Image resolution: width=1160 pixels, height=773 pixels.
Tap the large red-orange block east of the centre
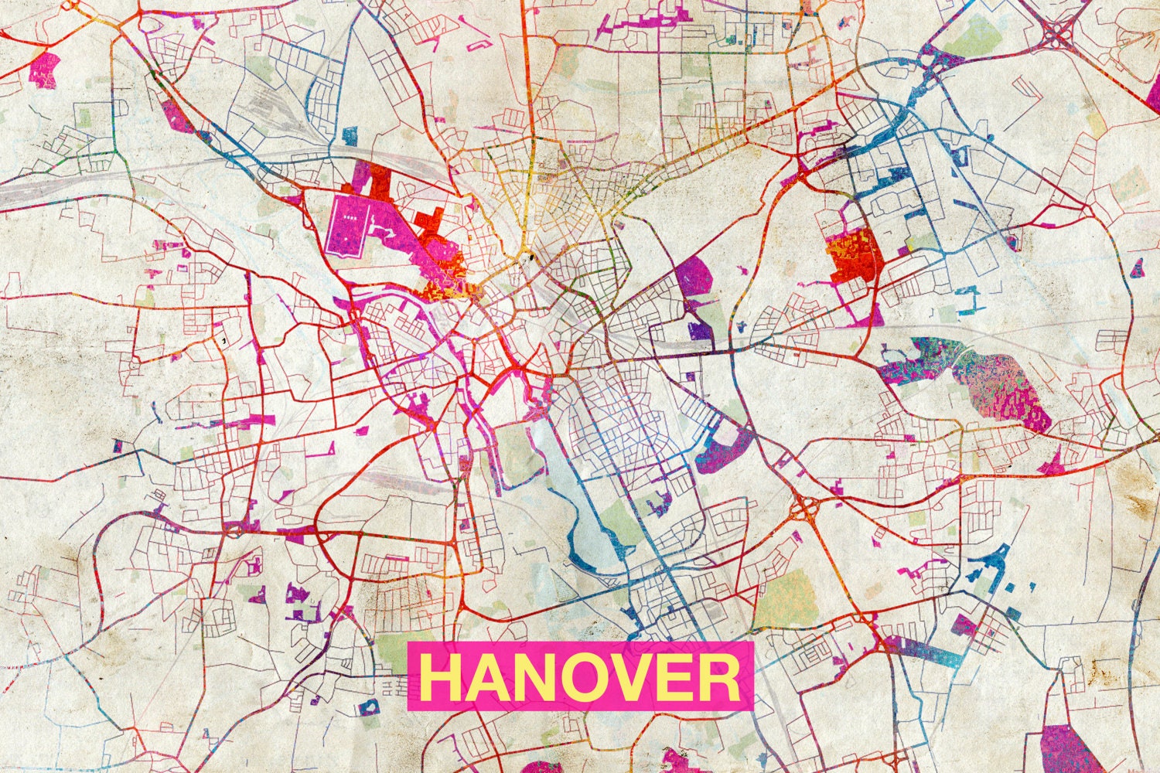click(x=855, y=255)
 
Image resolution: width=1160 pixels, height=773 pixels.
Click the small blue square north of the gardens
click(x=350, y=136)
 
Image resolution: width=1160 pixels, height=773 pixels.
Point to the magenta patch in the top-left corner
click(x=44, y=70)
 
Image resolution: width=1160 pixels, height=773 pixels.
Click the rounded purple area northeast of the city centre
click(x=694, y=276)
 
